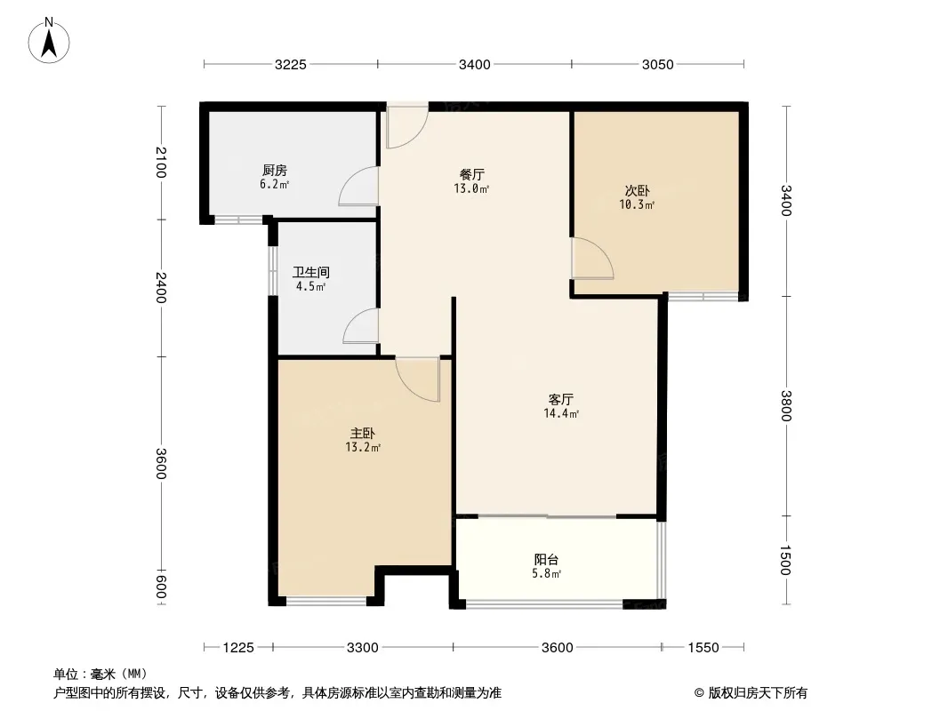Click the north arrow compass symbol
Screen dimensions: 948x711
(x=48, y=41)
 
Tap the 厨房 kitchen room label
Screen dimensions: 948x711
(x=275, y=171)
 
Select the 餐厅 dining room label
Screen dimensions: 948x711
(x=471, y=174)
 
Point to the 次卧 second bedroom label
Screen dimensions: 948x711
(x=638, y=191)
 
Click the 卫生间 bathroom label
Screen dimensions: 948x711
(x=310, y=273)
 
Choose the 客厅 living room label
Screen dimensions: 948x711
(x=561, y=399)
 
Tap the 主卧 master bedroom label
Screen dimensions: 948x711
(x=363, y=433)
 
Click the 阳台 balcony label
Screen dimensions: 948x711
(x=546, y=559)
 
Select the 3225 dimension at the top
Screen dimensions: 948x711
(x=291, y=65)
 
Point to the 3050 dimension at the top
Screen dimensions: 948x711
(x=658, y=65)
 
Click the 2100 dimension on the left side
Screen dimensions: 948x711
(x=161, y=163)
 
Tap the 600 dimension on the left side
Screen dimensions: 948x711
(x=161, y=587)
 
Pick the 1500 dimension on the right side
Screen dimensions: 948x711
(x=785, y=560)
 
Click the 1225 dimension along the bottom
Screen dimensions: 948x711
(x=238, y=648)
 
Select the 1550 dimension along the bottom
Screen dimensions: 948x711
(x=703, y=648)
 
